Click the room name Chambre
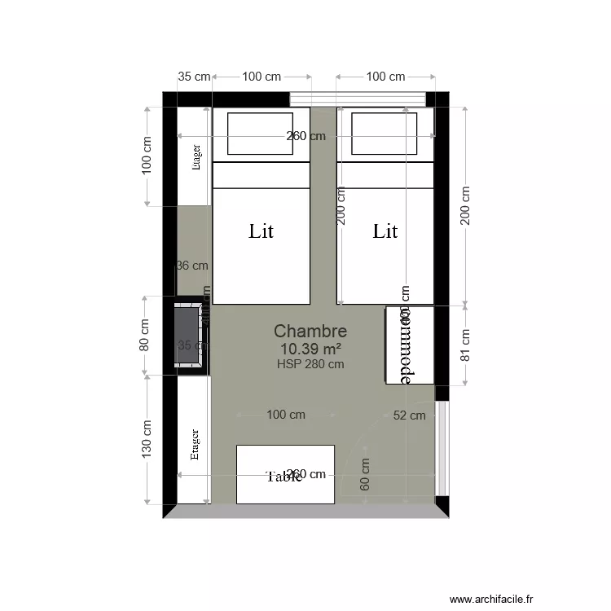[310, 331]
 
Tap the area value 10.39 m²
[310, 349]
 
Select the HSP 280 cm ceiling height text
[310, 364]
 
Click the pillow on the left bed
[260, 134]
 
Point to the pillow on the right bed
[385, 134]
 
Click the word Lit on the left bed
[261, 231]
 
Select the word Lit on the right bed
[385, 231]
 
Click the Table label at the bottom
[284, 477]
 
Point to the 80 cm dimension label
[145, 334]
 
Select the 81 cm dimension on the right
[466, 345]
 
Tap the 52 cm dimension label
[409, 415]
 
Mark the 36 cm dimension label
[192, 265]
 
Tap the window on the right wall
[442, 448]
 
